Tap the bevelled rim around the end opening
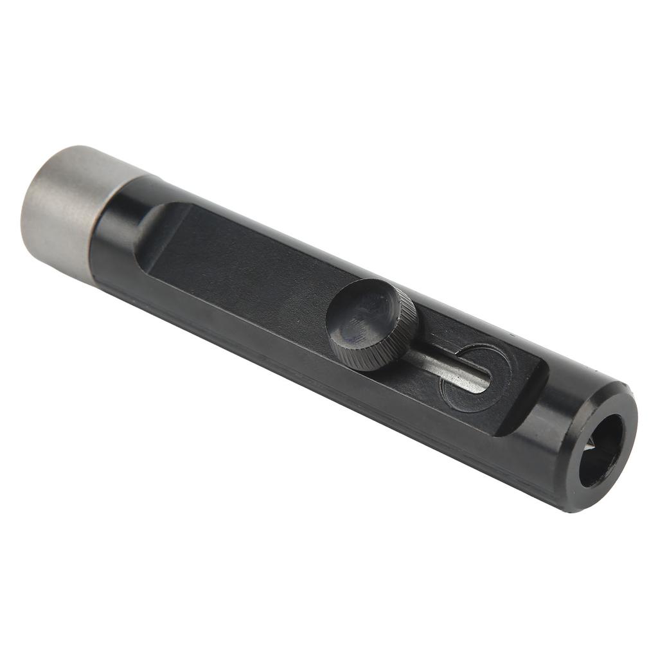627,411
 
